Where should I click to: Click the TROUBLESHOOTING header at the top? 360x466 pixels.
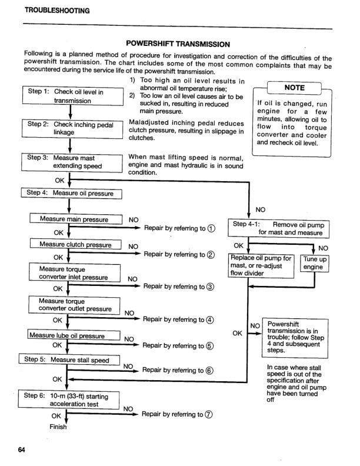(57, 11)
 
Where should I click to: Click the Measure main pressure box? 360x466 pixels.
(75, 219)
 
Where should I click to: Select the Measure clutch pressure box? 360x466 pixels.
(75, 245)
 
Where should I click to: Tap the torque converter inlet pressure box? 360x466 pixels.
(75, 273)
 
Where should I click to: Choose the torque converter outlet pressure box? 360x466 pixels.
(75, 305)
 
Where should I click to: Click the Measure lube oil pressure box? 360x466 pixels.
(75, 336)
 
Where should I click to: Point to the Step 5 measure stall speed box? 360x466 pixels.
(70, 360)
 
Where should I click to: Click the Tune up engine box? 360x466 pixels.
(315, 263)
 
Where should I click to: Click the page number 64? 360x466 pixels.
(22, 450)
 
